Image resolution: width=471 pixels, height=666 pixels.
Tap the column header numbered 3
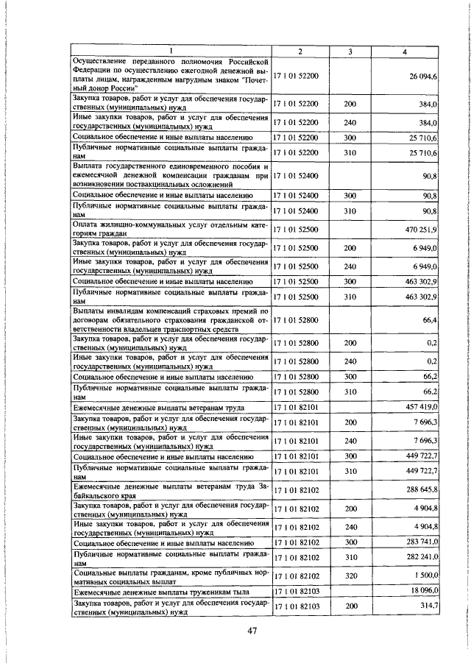click(x=350, y=50)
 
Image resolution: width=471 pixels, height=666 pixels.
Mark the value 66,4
click(x=428, y=320)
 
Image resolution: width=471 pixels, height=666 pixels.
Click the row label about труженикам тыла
click(x=161, y=592)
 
